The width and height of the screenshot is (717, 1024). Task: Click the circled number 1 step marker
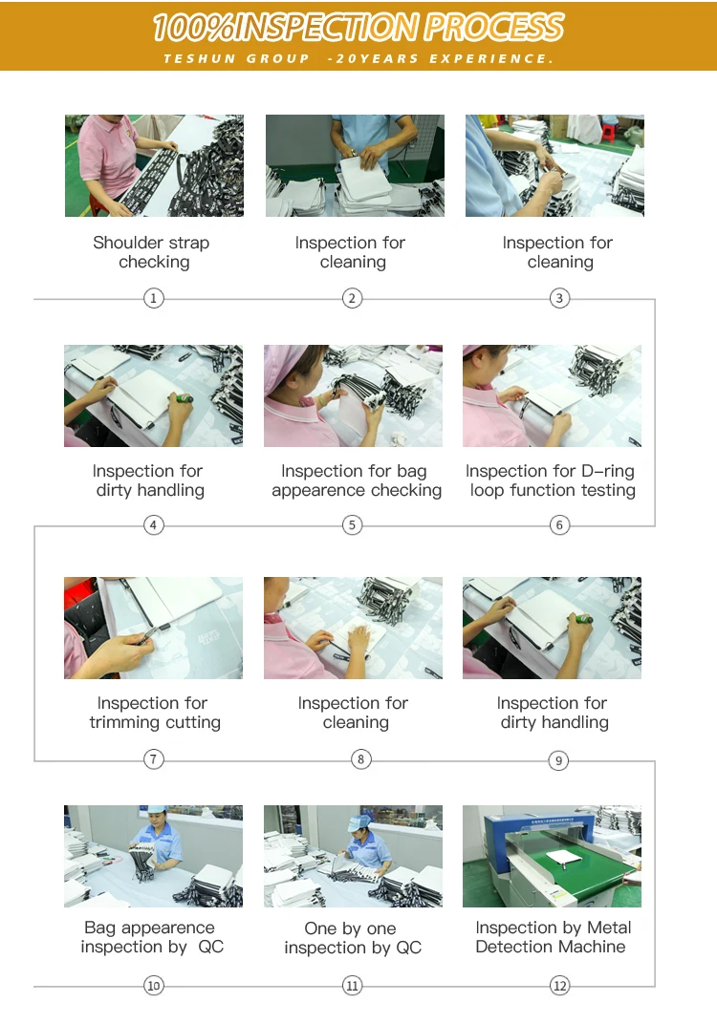pos(154,298)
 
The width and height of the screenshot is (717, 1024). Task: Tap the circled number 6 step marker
pos(559,525)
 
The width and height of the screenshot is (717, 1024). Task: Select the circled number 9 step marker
pos(558,760)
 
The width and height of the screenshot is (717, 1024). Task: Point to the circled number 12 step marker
pos(560,986)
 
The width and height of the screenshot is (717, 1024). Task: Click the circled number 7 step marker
pos(154,758)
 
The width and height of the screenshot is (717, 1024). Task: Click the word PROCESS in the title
pos(493,28)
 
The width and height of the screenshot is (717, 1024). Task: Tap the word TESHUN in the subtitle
pos(199,59)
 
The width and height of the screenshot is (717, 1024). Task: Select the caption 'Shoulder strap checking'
pos(152,252)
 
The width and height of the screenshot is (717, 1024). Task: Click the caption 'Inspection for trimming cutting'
pos(154,713)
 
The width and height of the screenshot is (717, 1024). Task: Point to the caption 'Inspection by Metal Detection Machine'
pos(553,937)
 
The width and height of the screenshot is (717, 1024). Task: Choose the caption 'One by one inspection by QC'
pos(353,938)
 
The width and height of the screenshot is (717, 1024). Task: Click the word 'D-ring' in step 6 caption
pos(608,471)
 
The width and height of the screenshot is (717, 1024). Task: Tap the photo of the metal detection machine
pos(552,856)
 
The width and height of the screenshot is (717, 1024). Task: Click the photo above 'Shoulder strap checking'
pos(154,166)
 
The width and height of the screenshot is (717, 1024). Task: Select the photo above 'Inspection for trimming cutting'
pos(153,629)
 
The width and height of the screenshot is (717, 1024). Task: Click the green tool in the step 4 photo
pos(183,397)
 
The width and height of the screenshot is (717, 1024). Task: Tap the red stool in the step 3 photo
pos(609,133)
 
